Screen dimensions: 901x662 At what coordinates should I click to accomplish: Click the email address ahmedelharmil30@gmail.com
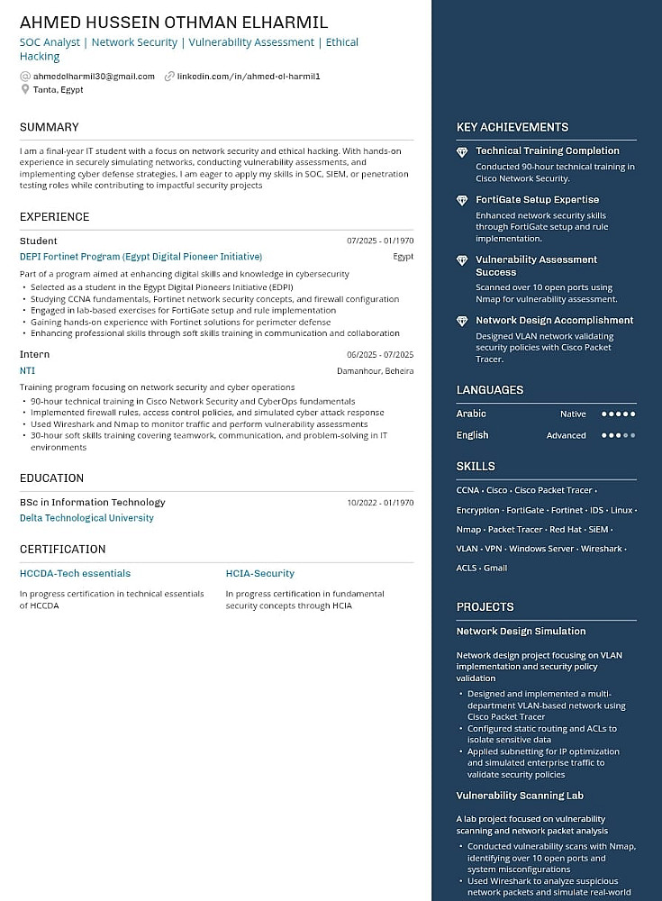coord(94,77)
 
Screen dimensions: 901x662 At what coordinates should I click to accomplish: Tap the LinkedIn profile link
coord(249,77)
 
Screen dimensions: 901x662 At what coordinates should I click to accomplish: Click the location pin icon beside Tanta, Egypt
coord(25,89)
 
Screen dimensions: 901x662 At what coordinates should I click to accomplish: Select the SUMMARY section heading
coord(50,127)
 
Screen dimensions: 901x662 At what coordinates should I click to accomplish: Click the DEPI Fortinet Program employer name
coord(141,257)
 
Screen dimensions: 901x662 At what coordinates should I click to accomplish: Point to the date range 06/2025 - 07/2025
coord(380,355)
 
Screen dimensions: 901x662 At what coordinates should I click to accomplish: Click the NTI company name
coord(27,370)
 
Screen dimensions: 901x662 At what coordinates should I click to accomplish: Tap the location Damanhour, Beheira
coord(375,371)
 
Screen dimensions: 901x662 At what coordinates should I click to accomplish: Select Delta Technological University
coord(86,518)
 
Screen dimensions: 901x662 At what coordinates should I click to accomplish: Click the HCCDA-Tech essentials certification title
coord(75,573)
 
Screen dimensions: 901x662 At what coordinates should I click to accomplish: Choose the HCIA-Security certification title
coord(259,573)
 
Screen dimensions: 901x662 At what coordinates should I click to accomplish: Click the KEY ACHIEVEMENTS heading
coord(512,127)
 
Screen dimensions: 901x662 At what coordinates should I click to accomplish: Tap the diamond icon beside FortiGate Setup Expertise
coord(462,200)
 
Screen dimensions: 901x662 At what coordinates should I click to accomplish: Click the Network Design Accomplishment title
coord(554,320)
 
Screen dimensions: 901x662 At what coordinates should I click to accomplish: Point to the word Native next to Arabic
coord(573,414)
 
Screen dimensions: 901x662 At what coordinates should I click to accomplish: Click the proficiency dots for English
coord(618,435)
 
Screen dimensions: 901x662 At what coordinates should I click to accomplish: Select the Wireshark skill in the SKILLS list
coord(601,549)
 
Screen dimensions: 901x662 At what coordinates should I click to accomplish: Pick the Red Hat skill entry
coord(566,530)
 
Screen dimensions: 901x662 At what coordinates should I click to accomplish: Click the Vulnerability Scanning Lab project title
coord(520,796)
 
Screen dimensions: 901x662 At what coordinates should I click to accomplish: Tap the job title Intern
coord(35,355)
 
